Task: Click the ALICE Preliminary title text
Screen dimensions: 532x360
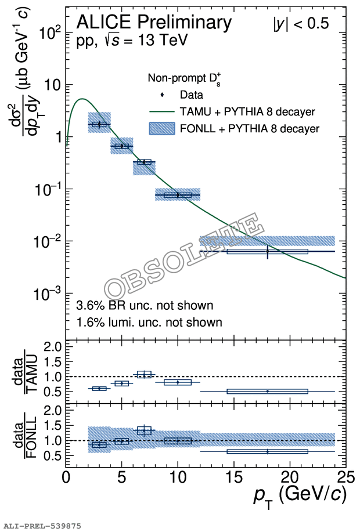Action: point(154,23)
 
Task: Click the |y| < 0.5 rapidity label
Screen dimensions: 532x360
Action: point(301,24)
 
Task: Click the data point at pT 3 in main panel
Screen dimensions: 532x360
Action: point(99,124)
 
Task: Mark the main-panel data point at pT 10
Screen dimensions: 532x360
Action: point(178,195)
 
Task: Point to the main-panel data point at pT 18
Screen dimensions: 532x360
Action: point(267,251)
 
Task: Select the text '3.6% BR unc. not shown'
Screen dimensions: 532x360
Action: point(145,305)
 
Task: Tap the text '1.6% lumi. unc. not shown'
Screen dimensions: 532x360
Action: point(149,321)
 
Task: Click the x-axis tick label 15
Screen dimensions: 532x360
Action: point(233,477)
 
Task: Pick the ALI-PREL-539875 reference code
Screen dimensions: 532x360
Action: point(42,526)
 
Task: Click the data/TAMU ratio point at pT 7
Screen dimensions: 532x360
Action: point(144,375)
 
